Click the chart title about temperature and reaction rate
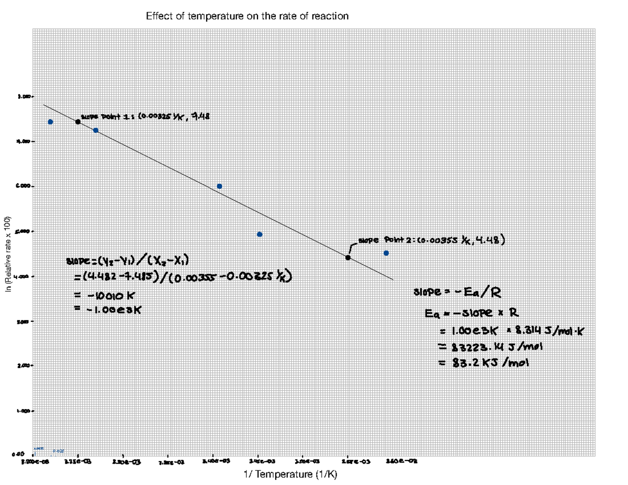(x=247, y=16)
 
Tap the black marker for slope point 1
(x=78, y=121)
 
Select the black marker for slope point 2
(x=348, y=257)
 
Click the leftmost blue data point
(x=50, y=121)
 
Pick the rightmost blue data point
(x=386, y=253)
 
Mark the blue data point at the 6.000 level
(x=219, y=186)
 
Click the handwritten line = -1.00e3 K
(x=108, y=309)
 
